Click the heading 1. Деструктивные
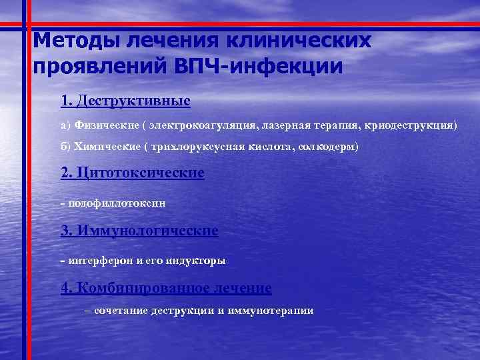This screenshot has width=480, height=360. [x=125, y=101]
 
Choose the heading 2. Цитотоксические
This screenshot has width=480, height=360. [x=132, y=173]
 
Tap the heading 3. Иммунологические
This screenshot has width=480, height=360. [x=139, y=231]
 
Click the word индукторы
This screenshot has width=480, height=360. [x=195, y=260]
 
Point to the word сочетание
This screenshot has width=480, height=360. [x=121, y=311]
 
